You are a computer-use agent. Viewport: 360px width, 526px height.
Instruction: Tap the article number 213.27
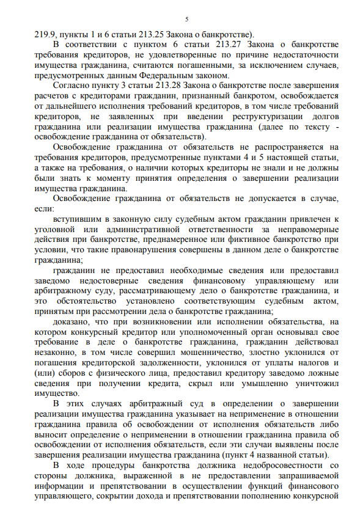tap(184, 45)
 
